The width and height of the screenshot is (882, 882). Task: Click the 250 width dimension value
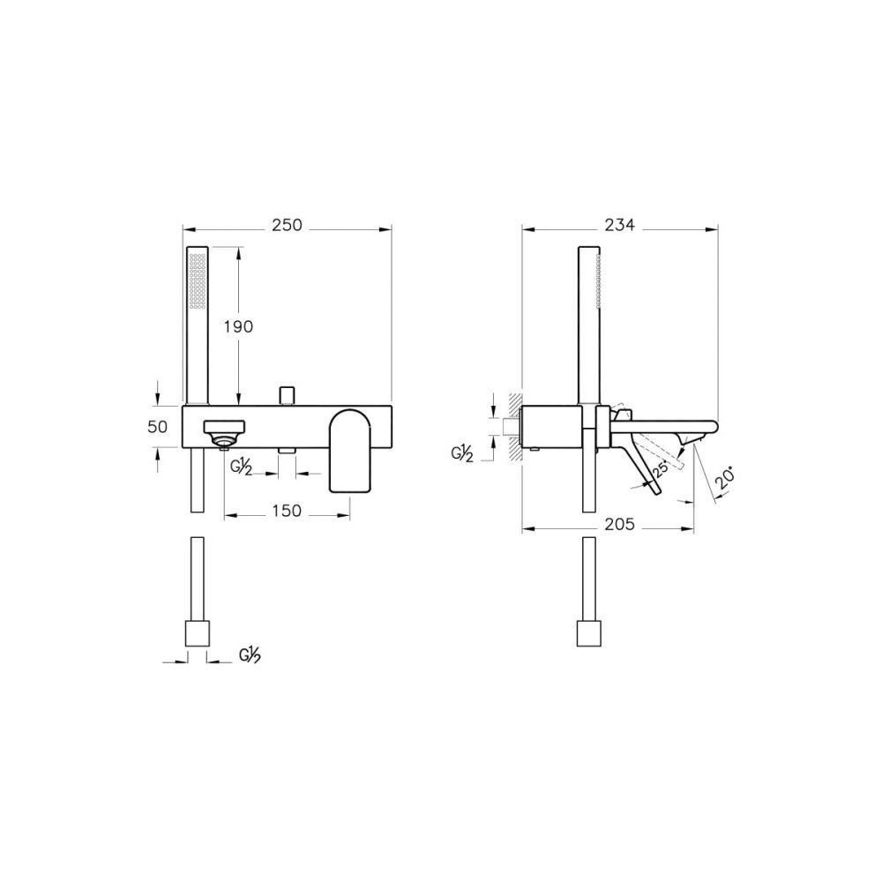pyautogui.click(x=287, y=225)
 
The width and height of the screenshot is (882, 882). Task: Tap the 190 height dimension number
pyautogui.click(x=238, y=326)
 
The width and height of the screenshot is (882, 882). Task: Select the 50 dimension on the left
pyautogui.click(x=158, y=427)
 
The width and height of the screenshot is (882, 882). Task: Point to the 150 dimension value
pyautogui.click(x=287, y=511)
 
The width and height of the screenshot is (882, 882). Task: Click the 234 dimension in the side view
pyautogui.click(x=620, y=225)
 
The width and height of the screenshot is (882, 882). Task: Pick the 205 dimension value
pyautogui.click(x=620, y=524)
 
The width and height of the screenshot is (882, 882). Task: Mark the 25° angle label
pyautogui.click(x=660, y=467)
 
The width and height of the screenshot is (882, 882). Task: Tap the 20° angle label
pyautogui.click(x=726, y=480)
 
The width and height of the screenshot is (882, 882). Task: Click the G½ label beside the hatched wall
pyautogui.click(x=462, y=454)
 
